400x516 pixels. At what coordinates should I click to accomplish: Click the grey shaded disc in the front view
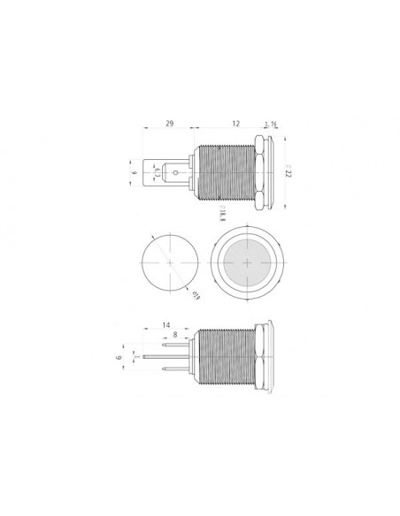[x=250, y=264]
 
